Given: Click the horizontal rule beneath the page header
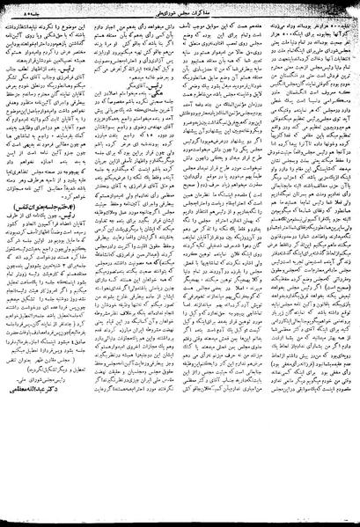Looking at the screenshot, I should (180, 17).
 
